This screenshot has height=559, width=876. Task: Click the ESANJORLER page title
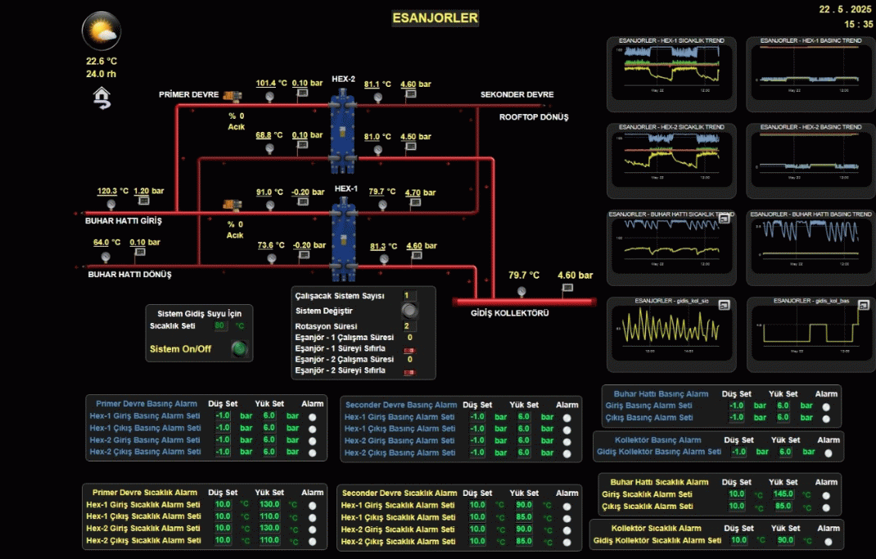[435, 17]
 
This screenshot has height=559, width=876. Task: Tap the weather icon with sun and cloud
[102, 32]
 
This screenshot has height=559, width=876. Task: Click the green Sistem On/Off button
[239, 349]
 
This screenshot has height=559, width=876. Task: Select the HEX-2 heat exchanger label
[343, 80]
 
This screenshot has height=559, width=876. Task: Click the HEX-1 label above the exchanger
[346, 189]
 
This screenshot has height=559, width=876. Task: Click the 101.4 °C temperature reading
[271, 84]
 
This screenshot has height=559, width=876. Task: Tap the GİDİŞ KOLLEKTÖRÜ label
[509, 313]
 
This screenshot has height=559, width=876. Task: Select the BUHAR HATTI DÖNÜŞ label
[129, 275]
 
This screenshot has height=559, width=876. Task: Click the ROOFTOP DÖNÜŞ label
[534, 117]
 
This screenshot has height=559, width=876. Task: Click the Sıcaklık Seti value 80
[219, 326]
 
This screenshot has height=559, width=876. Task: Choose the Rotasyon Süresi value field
[409, 326]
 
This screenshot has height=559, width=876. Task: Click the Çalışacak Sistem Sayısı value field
[409, 296]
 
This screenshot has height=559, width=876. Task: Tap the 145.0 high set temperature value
[783, 494]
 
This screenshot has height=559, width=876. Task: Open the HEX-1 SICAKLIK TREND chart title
[671, 40]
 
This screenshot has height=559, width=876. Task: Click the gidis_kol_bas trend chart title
[811, 301]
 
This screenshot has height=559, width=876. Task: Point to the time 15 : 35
[856, 24]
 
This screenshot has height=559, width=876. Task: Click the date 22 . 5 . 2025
[846, 9]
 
